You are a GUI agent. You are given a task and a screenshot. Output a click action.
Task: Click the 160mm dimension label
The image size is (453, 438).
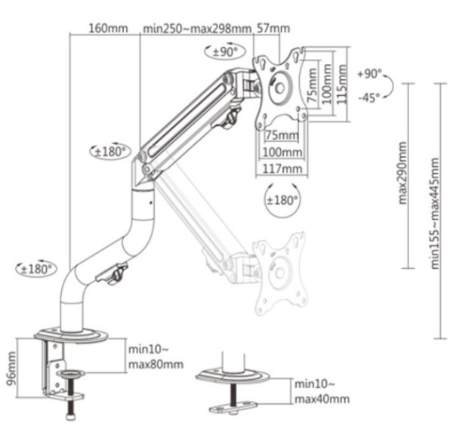109,29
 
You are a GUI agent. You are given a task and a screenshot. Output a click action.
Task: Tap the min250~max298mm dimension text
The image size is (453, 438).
196,29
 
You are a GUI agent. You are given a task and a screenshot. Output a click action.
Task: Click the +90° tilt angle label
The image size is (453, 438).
370,74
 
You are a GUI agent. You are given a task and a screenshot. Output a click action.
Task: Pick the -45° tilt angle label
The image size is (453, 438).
369,97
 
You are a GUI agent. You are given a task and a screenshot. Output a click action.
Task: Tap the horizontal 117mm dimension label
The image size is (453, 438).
283,168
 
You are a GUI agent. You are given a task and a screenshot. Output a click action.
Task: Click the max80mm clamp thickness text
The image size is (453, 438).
156,365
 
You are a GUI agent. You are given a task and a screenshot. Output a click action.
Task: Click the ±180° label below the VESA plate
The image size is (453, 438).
282,200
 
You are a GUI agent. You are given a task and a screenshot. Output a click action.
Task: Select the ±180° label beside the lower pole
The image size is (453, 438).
35,268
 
